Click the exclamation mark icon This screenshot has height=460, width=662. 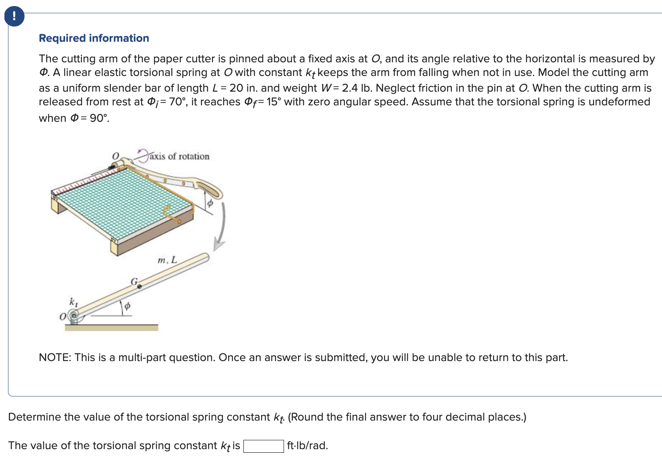[14, 16]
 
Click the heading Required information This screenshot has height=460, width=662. [94, 38]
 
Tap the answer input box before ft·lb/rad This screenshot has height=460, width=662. [264, 446]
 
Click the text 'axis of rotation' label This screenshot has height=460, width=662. [179, 156]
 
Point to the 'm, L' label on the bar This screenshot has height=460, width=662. [167, 260]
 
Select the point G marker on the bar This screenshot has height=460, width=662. [139, 286]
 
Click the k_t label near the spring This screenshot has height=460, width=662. [74, 302]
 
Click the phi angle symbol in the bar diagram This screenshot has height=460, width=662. [127, 306]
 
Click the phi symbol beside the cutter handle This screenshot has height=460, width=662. [210, 203]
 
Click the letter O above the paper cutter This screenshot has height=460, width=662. [115, 155]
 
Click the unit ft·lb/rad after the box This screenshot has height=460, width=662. [307, 446]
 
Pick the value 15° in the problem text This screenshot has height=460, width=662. [272, 102]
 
